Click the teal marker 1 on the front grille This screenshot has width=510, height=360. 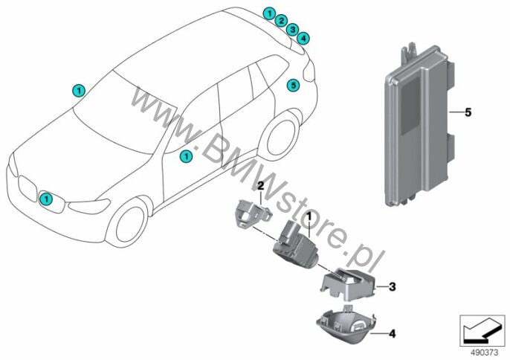pos(46,199)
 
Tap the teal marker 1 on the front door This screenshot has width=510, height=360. pos(187,156)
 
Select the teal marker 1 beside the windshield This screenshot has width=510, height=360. pos(79,91)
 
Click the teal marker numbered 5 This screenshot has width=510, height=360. pos(293,86)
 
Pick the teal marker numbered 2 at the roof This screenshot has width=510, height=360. pos(281,21)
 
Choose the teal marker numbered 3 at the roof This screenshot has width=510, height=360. pos(292,29)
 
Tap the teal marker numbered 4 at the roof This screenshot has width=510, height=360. pos(303,38)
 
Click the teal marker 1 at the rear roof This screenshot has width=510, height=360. pos(269,13)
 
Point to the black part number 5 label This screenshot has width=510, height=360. pos(468,112)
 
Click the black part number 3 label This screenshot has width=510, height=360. pos(393,287)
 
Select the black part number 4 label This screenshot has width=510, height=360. pos(393,334)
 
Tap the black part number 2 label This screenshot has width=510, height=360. pos(260,186)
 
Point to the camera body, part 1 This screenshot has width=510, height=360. pos(292,243)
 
